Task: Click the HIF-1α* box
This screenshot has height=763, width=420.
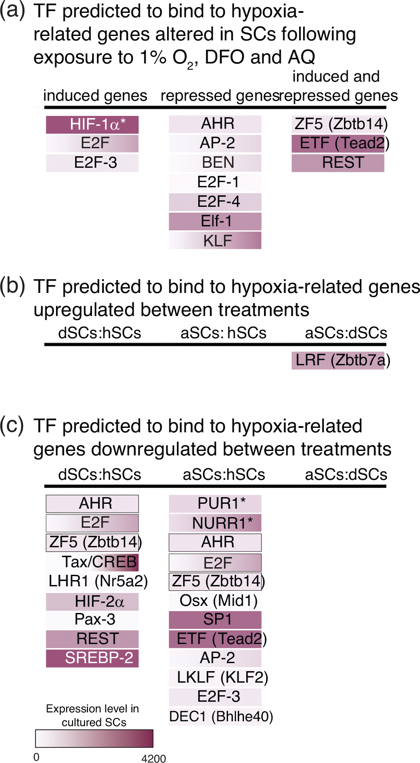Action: click(x=92, y=125)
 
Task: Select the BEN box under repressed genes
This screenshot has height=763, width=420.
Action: click(x=215, y=163)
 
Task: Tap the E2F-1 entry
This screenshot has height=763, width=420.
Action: click(x=215, y=182)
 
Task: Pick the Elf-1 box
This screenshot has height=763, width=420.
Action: click(x=215, y=221)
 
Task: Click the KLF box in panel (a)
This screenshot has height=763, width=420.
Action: click(x=215, y=241)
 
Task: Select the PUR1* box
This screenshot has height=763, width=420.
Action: click(x=215, y=504)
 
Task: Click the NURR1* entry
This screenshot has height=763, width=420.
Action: click(x=215, y=523)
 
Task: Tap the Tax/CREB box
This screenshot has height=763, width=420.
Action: click(x=92, y=562)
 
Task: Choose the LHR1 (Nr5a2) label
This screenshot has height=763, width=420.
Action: click(x=98, y=581)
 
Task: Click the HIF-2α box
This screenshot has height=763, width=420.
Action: click(x=92, y=602)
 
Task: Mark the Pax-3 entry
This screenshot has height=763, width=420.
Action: click(x=92, y=620)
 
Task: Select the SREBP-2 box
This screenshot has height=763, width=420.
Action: click(x=92, y=658)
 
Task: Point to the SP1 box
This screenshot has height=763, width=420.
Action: click(x=215, y=620)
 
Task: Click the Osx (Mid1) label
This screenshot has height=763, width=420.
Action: click(x=218, y=601)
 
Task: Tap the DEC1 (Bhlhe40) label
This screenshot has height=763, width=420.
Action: click(x=221, y=716)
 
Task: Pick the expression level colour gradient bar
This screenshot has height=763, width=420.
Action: click(x=94, y=739)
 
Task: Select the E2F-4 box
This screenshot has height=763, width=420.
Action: click(x=215, y=202)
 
